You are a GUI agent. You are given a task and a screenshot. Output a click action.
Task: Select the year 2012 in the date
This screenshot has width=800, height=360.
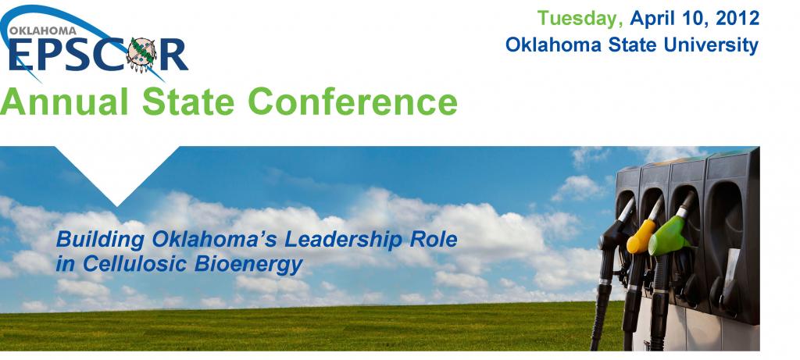(x=737, y=18)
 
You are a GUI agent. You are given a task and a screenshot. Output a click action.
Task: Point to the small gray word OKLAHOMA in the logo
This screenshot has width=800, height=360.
(x=43, y=30)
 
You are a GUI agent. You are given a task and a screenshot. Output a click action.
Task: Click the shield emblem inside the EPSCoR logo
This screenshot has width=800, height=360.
(x=141, y=55)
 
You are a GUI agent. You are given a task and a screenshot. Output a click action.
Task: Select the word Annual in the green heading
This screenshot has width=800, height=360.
(x=64, y=101)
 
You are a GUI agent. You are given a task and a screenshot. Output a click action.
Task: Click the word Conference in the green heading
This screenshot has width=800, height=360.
(x=352, y=101)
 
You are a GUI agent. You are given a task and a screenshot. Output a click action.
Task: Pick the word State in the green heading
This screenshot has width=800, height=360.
(x=188, y=101)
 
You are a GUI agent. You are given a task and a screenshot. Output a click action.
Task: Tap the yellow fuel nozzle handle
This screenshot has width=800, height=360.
(x=641, y=236)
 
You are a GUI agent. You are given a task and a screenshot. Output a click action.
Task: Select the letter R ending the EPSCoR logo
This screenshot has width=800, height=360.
(x=173, y=55)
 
